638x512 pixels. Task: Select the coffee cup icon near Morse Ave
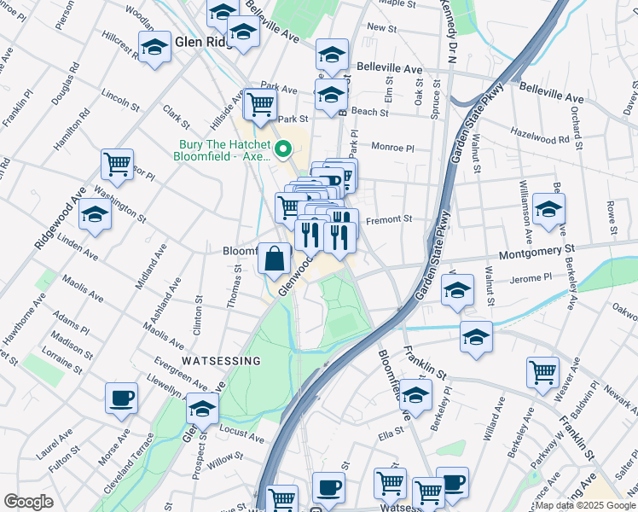(121, 398)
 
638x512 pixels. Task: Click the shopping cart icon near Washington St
(117, 163)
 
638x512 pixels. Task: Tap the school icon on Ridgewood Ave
(95, 217)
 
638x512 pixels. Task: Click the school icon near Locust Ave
(202, 410)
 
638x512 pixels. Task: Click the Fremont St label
(388, 219)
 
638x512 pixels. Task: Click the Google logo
(28, 502)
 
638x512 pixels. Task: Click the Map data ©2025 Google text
(585, 505)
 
